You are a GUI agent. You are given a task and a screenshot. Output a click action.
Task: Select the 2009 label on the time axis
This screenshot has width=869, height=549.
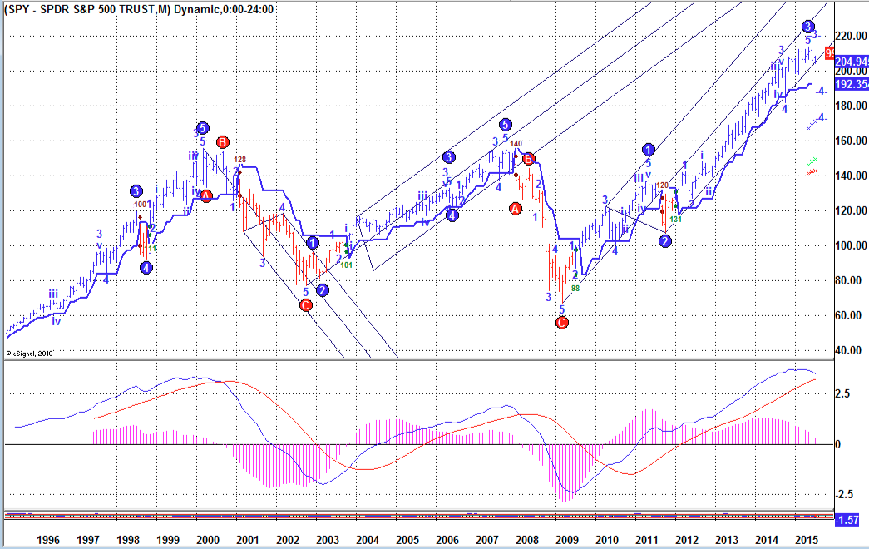(x=566, y=539)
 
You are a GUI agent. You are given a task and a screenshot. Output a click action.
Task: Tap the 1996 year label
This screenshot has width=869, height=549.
(x=48, y=539)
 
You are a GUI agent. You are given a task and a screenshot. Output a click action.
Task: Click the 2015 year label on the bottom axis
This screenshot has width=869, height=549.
(x=805, y=539)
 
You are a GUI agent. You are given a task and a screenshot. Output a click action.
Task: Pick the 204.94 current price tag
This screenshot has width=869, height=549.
(x=851, y=62)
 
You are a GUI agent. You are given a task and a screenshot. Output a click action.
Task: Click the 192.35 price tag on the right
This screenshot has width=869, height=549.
(x=851, y=85)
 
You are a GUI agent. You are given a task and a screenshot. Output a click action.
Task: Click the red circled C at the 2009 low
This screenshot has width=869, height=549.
(x=562, y=323)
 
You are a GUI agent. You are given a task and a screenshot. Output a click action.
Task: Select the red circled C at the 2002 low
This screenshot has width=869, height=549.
(x=305, y=305)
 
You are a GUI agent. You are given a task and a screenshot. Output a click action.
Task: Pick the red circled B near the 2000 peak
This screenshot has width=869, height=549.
(x=222, y=141)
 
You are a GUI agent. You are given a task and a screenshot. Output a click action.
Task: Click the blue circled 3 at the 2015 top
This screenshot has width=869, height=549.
(x=808, y=27)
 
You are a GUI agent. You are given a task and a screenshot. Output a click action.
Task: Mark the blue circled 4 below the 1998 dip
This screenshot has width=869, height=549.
(x=146, y=268)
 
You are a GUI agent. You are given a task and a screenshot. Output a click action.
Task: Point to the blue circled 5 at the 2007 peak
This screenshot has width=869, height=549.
(x=505, y=125)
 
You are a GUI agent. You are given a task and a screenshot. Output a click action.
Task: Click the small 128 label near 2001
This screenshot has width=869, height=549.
(x=240, y=160)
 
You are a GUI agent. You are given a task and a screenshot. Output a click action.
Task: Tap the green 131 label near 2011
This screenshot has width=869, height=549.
(x=676, y=219)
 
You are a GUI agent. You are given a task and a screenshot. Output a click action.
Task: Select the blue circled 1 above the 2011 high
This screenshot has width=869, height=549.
(x=649, y=150)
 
